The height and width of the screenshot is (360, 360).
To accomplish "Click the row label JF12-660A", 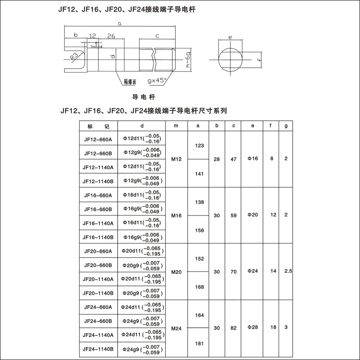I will [x=98, y=139].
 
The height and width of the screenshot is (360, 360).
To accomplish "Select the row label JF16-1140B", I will [x=98, y=237].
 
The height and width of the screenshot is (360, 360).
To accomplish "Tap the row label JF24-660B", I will [x=98, y=321].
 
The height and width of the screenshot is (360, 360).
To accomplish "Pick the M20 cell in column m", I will [x=177, y=272].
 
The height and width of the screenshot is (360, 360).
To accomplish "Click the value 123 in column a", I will [x=199, y=145].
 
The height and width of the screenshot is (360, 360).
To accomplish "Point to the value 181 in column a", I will [x=199, y=343].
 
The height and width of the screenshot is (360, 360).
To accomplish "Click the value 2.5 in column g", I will [x=286, y=271].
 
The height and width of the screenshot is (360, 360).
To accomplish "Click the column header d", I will [x=142, y=126].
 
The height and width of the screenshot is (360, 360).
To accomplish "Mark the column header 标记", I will [x=98, y=126].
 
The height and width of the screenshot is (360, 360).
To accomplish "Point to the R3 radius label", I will [x=74, y=56].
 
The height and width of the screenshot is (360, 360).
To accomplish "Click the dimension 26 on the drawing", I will [x=111, y=36].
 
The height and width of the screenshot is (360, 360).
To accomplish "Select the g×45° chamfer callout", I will [x=157, y=80].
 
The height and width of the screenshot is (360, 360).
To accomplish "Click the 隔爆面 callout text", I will [x=130, y=81].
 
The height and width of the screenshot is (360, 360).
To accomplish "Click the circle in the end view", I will [x=231, y=59].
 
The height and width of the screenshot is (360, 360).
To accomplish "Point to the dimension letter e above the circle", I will [x=230, y=38].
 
